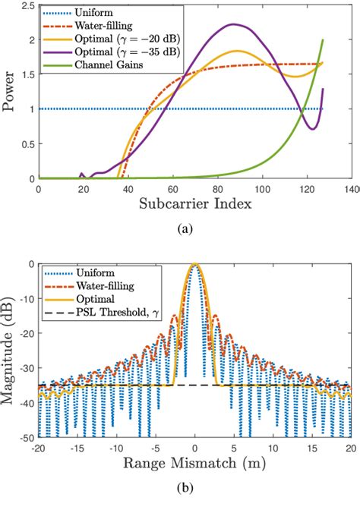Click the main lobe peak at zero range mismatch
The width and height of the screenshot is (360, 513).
coord(195,264)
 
